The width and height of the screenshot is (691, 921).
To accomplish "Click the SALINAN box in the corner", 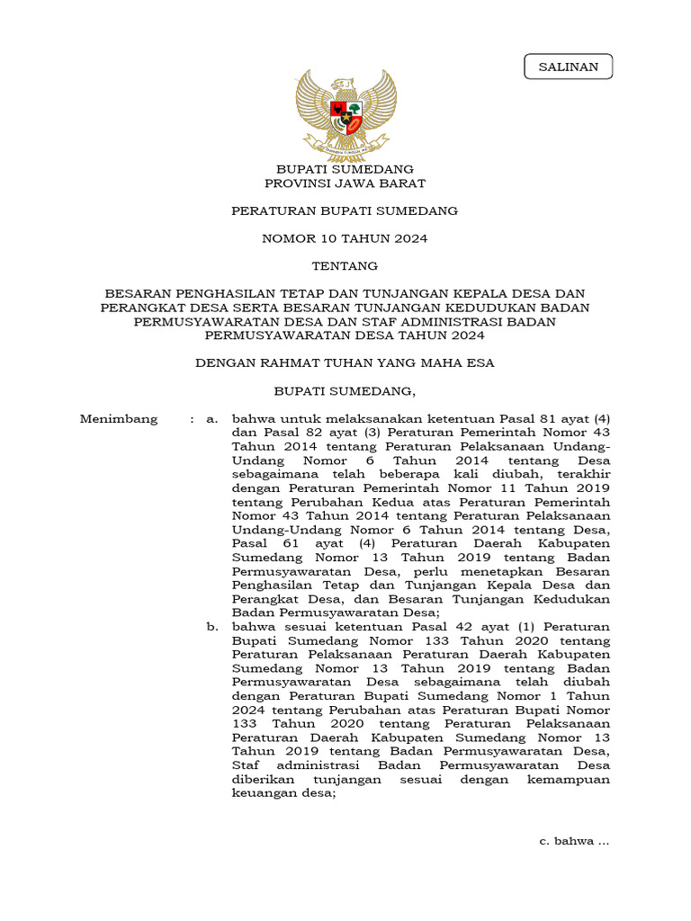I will pos(568,67).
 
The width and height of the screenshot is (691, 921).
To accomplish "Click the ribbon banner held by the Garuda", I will pos(345,144).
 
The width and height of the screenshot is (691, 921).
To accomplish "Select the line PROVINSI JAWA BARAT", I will pos(345,183).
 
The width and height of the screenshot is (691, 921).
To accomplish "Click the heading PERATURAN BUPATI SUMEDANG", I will pos(345,211).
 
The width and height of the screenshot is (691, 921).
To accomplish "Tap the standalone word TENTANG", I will pos(345,266).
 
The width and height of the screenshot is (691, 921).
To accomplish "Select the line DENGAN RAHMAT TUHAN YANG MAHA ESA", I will pos(345,363).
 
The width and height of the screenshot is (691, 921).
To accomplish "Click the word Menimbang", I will pos(118,419).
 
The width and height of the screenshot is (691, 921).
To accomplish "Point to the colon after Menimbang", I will pos(192,419).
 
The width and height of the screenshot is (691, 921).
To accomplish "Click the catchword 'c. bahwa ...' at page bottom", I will pos(574,841).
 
